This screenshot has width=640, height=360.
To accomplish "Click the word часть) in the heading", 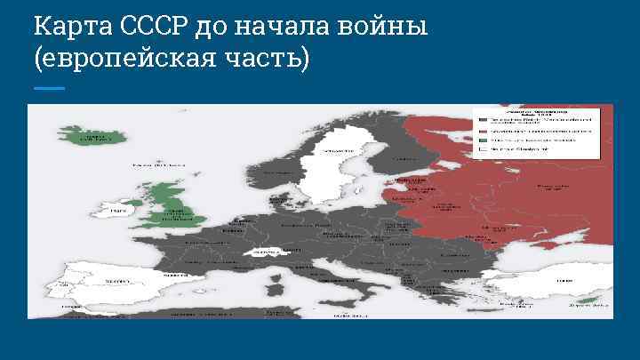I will click(x=268, y=59).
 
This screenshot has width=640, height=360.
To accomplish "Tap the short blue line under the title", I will click(x=49, y=88).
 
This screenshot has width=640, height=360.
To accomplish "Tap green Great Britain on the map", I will click(x=172, y=204).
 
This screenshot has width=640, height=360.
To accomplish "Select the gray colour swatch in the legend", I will click(x=482, y=119).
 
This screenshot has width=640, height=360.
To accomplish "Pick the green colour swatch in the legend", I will click(x=482, y=140).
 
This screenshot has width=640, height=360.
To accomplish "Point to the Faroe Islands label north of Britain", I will click(x=148, y=165).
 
